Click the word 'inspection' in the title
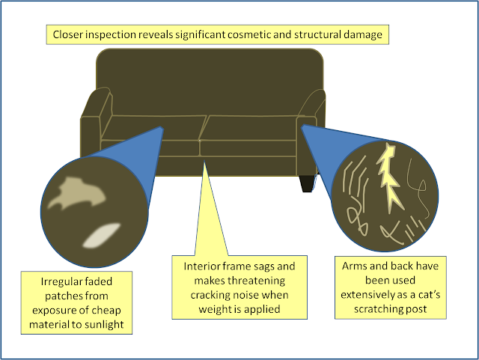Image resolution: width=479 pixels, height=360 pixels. click(x=111, y=34)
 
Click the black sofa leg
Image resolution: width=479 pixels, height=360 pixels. click(x=308, y=183)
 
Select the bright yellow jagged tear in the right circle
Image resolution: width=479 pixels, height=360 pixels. click(x=388, y=177)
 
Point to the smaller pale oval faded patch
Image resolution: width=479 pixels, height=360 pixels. click(x=102, y=235)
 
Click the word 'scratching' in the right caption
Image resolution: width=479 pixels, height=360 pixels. click(x=376, y=309)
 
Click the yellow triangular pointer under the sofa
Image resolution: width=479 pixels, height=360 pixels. click(x=210, y=214)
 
